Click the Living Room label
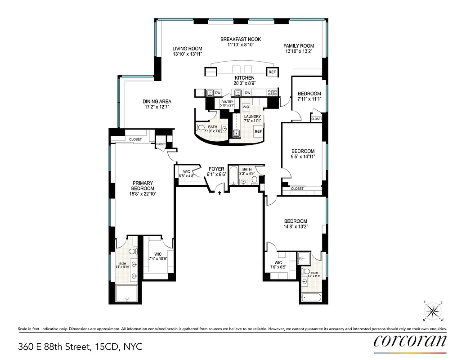tap(188, 49)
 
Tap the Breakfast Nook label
tap(241, 39)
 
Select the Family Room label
tap(299, 46)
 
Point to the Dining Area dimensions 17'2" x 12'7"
tap(157, 108)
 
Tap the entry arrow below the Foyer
tap(220, 193)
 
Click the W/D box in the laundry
tap(246, 107)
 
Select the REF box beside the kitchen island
tap(272, 72)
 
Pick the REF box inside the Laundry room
tap(258, 131)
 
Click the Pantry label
tap(226, 102)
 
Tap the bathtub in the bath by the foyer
tap(233, 176)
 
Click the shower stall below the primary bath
tap(128, 293)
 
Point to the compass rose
tap(434, 311)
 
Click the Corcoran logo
tap(410, 340)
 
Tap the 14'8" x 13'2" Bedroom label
tap(296, 221)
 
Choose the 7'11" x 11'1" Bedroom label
tap(309, 94)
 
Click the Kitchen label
tap(244, 78)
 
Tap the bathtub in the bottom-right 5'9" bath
tap(310, 297)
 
